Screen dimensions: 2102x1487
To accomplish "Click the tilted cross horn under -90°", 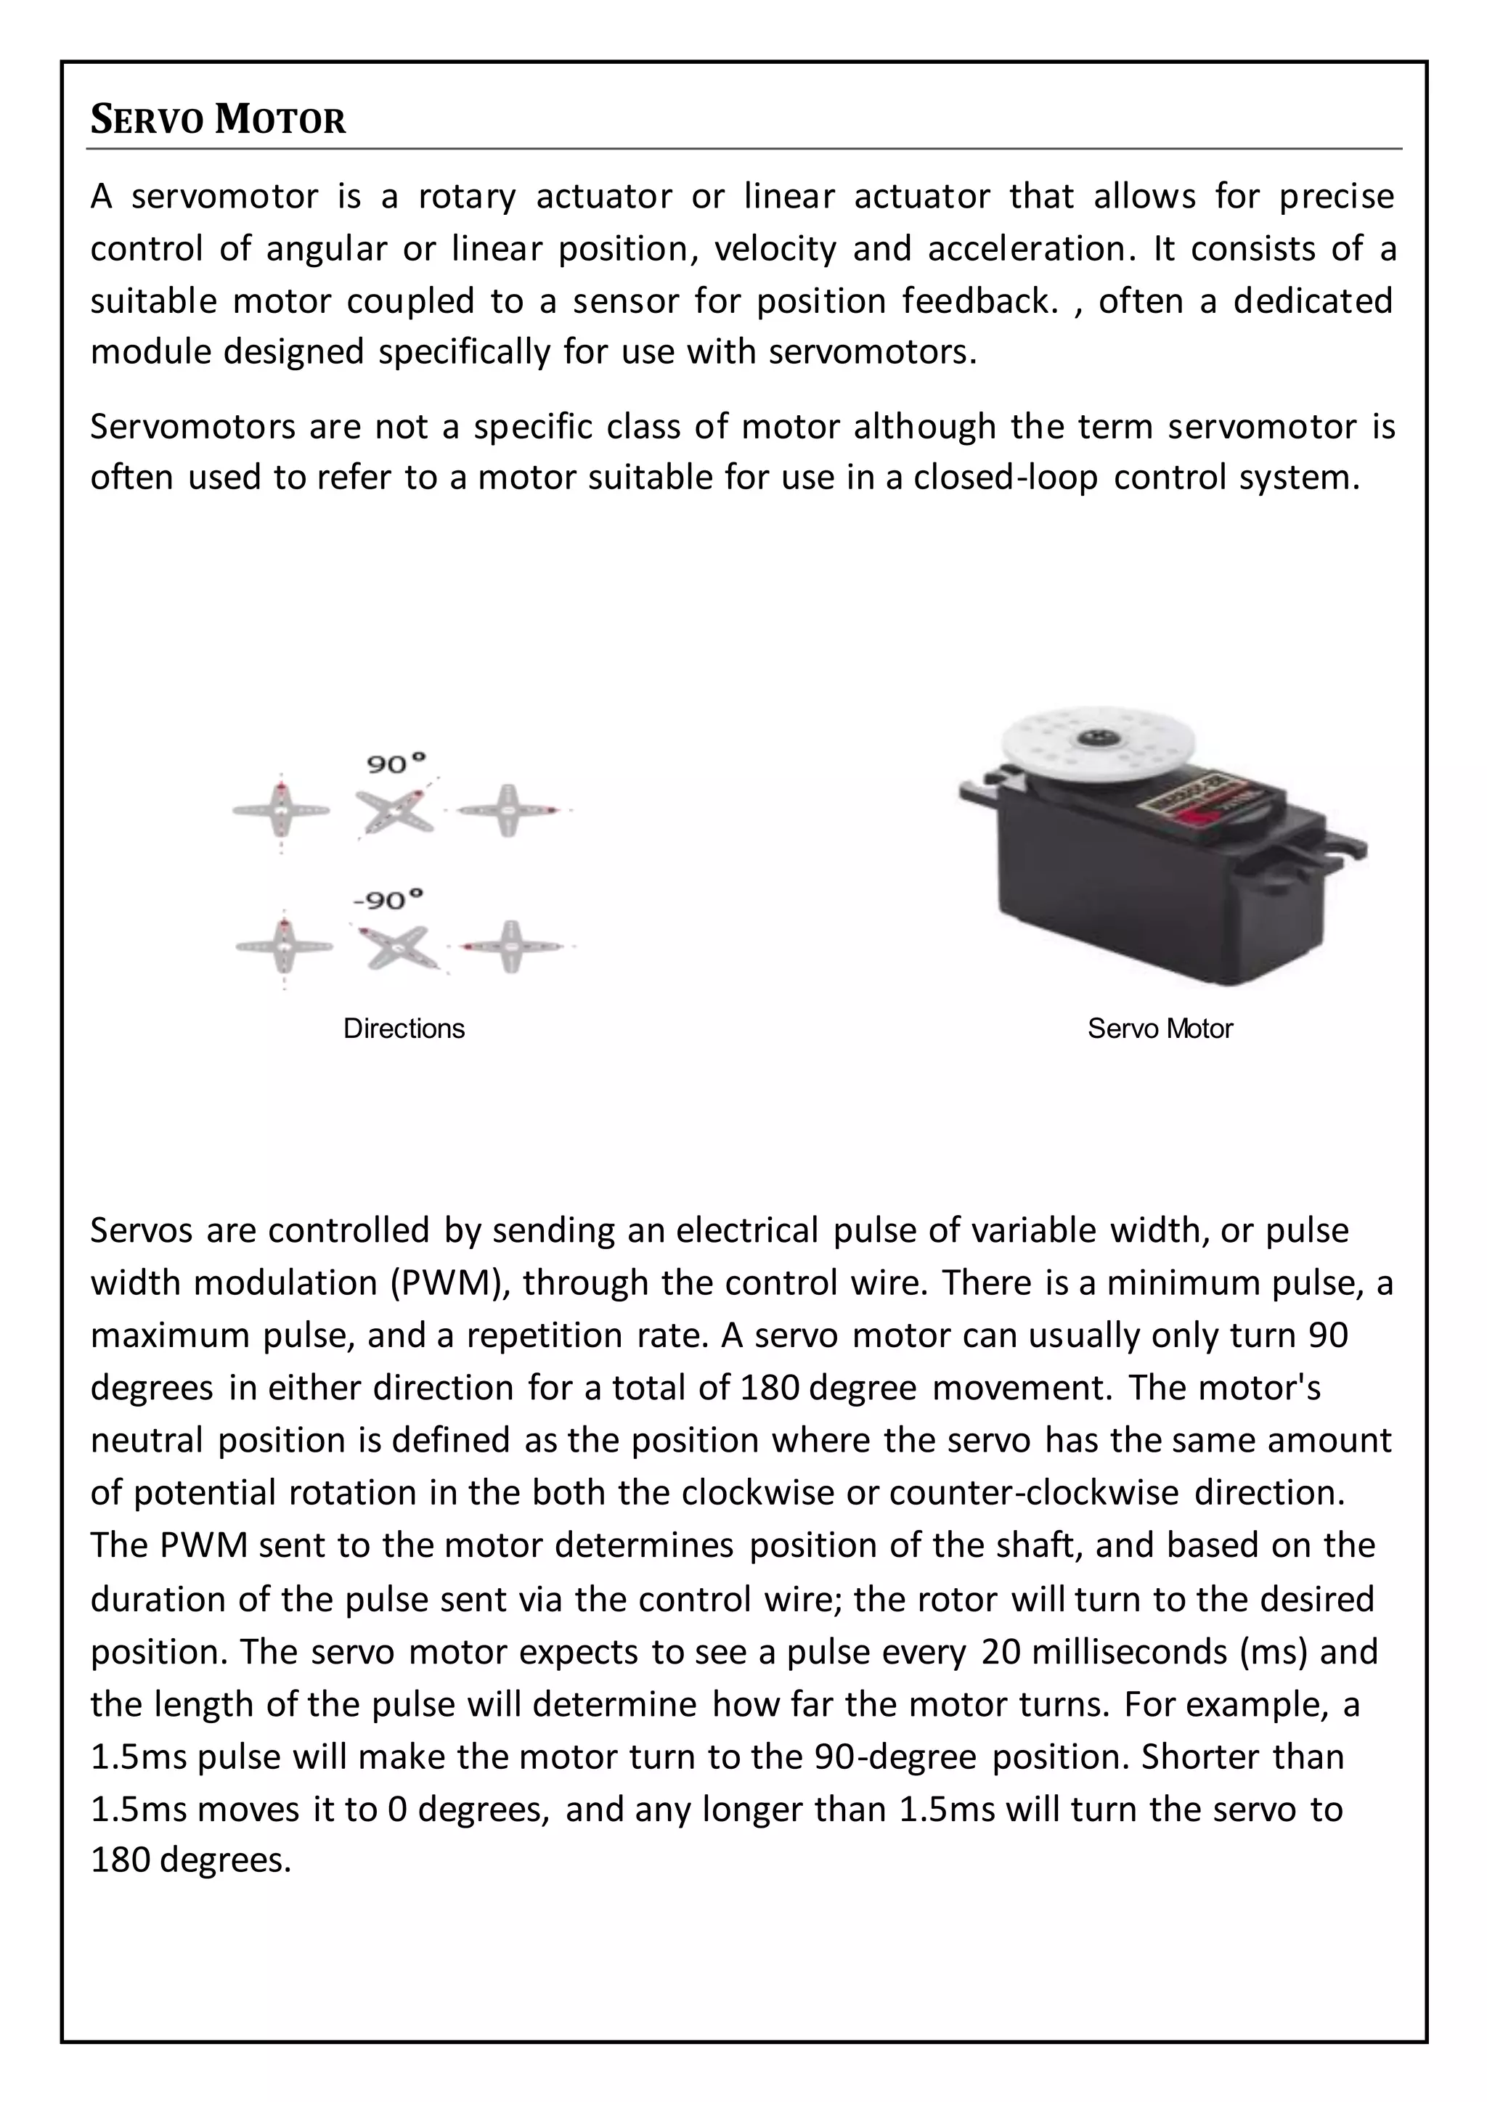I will [x=396, y=946].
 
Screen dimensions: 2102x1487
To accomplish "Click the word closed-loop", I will [x=1006, y=477].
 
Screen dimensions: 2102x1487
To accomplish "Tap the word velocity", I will [x=775, y=248].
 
